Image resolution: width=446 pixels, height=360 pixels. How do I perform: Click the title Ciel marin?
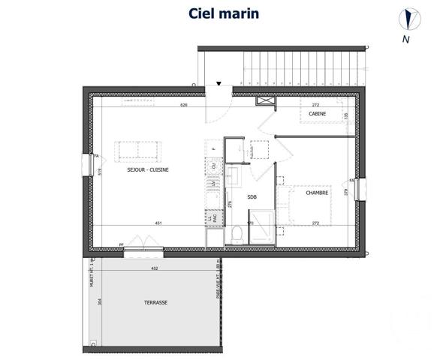[x=222, y=13]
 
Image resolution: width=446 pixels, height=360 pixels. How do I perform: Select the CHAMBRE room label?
[x=317, y=193]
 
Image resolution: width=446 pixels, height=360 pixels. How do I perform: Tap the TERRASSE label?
[x=156, y=303]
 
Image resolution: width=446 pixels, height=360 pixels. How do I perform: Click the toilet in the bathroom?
[x=236, y=235]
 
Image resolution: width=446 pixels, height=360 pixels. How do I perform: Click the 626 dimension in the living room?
[x=183, y=106]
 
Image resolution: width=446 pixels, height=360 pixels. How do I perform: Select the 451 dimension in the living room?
[x=158, y=223]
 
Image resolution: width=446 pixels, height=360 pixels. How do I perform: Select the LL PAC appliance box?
[x=213, y=217]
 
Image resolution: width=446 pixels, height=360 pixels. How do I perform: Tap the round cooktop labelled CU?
[x=213, y=165]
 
